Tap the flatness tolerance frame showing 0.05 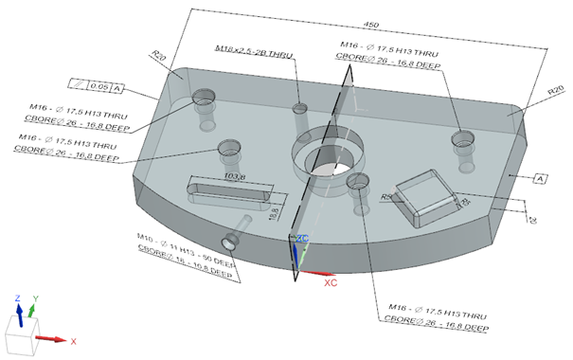(98, 87)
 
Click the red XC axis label (331, 282)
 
